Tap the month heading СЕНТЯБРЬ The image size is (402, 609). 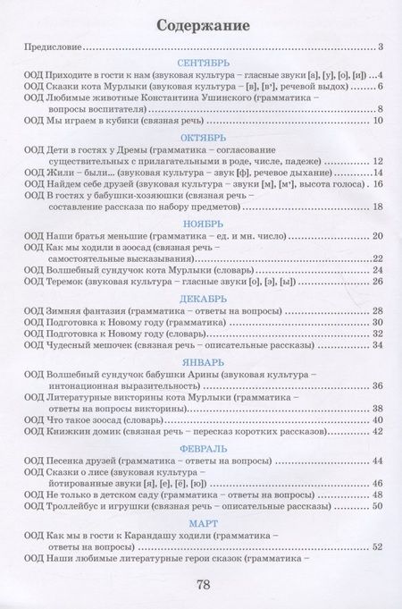204,63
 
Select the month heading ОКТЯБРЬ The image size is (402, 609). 204,139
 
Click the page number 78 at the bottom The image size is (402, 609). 203,586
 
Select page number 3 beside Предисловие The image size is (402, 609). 379,47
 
